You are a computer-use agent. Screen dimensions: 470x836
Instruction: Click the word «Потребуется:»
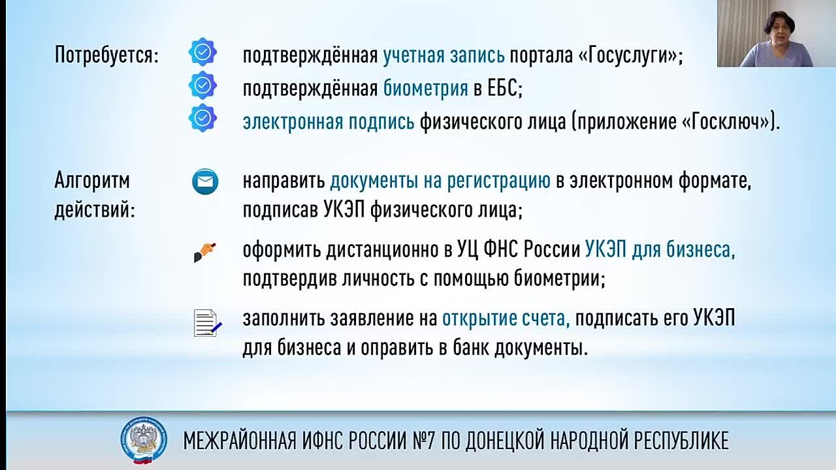(106, 55)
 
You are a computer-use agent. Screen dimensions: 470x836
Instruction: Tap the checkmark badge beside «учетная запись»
(202, 52)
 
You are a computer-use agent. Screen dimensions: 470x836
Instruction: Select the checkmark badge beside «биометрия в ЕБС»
(202, 85)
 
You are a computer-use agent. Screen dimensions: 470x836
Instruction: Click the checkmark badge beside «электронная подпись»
(202, 118)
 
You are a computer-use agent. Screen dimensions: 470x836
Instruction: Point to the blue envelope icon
(205, 181)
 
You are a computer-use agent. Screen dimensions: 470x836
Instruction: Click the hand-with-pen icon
(205, 251)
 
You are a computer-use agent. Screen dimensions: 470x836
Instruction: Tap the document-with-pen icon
(207, 322)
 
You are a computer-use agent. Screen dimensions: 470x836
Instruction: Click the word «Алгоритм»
(92, 180)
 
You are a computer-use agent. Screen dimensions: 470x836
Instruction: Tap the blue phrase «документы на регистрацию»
(440, 181)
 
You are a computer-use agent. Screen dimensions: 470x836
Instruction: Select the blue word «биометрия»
(425, 88)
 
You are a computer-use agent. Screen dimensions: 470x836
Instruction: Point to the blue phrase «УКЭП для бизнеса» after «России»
(660, 249)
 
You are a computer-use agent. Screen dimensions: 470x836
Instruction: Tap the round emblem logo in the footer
(143, 440)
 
